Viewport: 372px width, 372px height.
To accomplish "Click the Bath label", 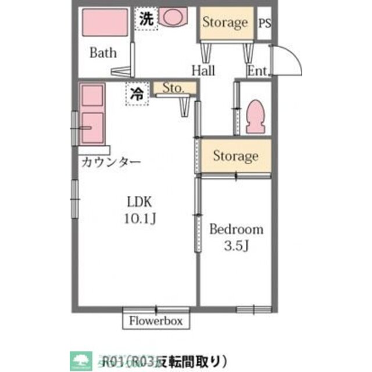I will [103, 53].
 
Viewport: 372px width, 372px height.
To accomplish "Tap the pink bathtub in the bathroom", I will [105, 24].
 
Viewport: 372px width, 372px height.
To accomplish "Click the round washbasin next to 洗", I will [171, 18].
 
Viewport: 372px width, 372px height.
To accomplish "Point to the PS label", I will [264, 24].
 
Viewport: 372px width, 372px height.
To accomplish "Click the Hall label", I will [203, 71].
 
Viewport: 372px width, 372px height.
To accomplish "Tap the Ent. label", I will [257, 71].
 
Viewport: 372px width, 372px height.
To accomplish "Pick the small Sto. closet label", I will [173, 88].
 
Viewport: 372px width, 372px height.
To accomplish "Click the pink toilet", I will [256, 116].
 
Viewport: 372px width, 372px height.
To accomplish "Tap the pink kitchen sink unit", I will [91, 114].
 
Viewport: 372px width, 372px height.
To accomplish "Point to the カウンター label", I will [110, 162].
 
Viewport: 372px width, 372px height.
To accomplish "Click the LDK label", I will [139, 202].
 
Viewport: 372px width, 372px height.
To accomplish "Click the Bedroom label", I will [236, 229].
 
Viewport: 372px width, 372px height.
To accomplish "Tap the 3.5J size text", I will [237, 246].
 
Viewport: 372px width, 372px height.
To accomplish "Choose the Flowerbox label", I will [156, 320].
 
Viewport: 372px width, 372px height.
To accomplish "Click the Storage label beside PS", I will [225, 23].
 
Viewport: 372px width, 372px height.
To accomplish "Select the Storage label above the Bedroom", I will [235, 156].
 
